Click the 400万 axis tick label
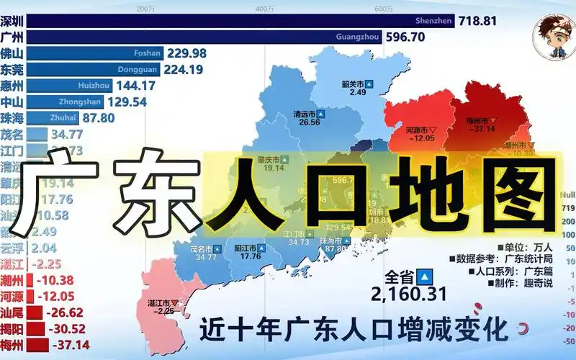point(263,9)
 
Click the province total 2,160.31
point(408,293)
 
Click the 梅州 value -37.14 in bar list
point(72,346)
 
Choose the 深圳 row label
point(13,20)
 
